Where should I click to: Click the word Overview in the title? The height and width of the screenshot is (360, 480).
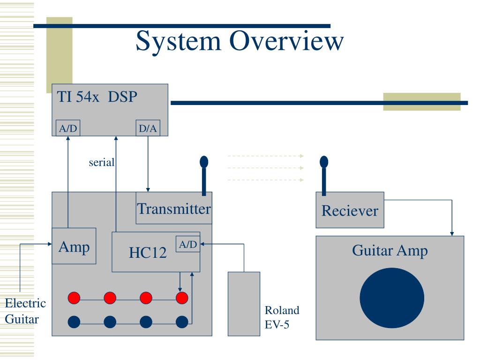[286, 41]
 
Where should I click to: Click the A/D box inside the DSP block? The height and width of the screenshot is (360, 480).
[68, 128]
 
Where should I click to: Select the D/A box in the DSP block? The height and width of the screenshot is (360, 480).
[148, 128]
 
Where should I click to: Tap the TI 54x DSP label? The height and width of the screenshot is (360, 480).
[97, 97]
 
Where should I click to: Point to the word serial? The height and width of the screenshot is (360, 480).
[102, 162]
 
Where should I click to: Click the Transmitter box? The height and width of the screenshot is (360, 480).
[174, 208]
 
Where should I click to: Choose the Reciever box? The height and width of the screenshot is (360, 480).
[350, 210]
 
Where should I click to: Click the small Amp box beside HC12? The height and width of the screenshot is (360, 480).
[74, 246]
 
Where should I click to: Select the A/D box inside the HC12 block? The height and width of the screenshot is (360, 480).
[188, 244]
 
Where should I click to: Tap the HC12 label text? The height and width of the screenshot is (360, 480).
[148, 253]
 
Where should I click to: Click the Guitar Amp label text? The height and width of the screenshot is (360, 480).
[390, 251]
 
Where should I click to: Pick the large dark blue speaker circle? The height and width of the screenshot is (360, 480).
[392, 298]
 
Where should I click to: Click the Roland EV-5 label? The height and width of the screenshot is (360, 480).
[282, 317]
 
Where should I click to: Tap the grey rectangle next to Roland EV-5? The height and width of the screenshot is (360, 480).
[244, 304]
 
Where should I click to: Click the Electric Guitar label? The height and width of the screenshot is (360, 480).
[25, 311]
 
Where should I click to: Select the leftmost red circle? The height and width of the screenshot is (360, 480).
[74, 298]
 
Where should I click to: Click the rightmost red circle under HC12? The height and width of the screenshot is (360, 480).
[182, 298]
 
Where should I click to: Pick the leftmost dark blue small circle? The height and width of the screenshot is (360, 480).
[74, 322]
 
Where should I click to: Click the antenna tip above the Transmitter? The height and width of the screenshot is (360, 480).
[204, 162]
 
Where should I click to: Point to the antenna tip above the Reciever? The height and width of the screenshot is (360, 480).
[324, 162]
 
